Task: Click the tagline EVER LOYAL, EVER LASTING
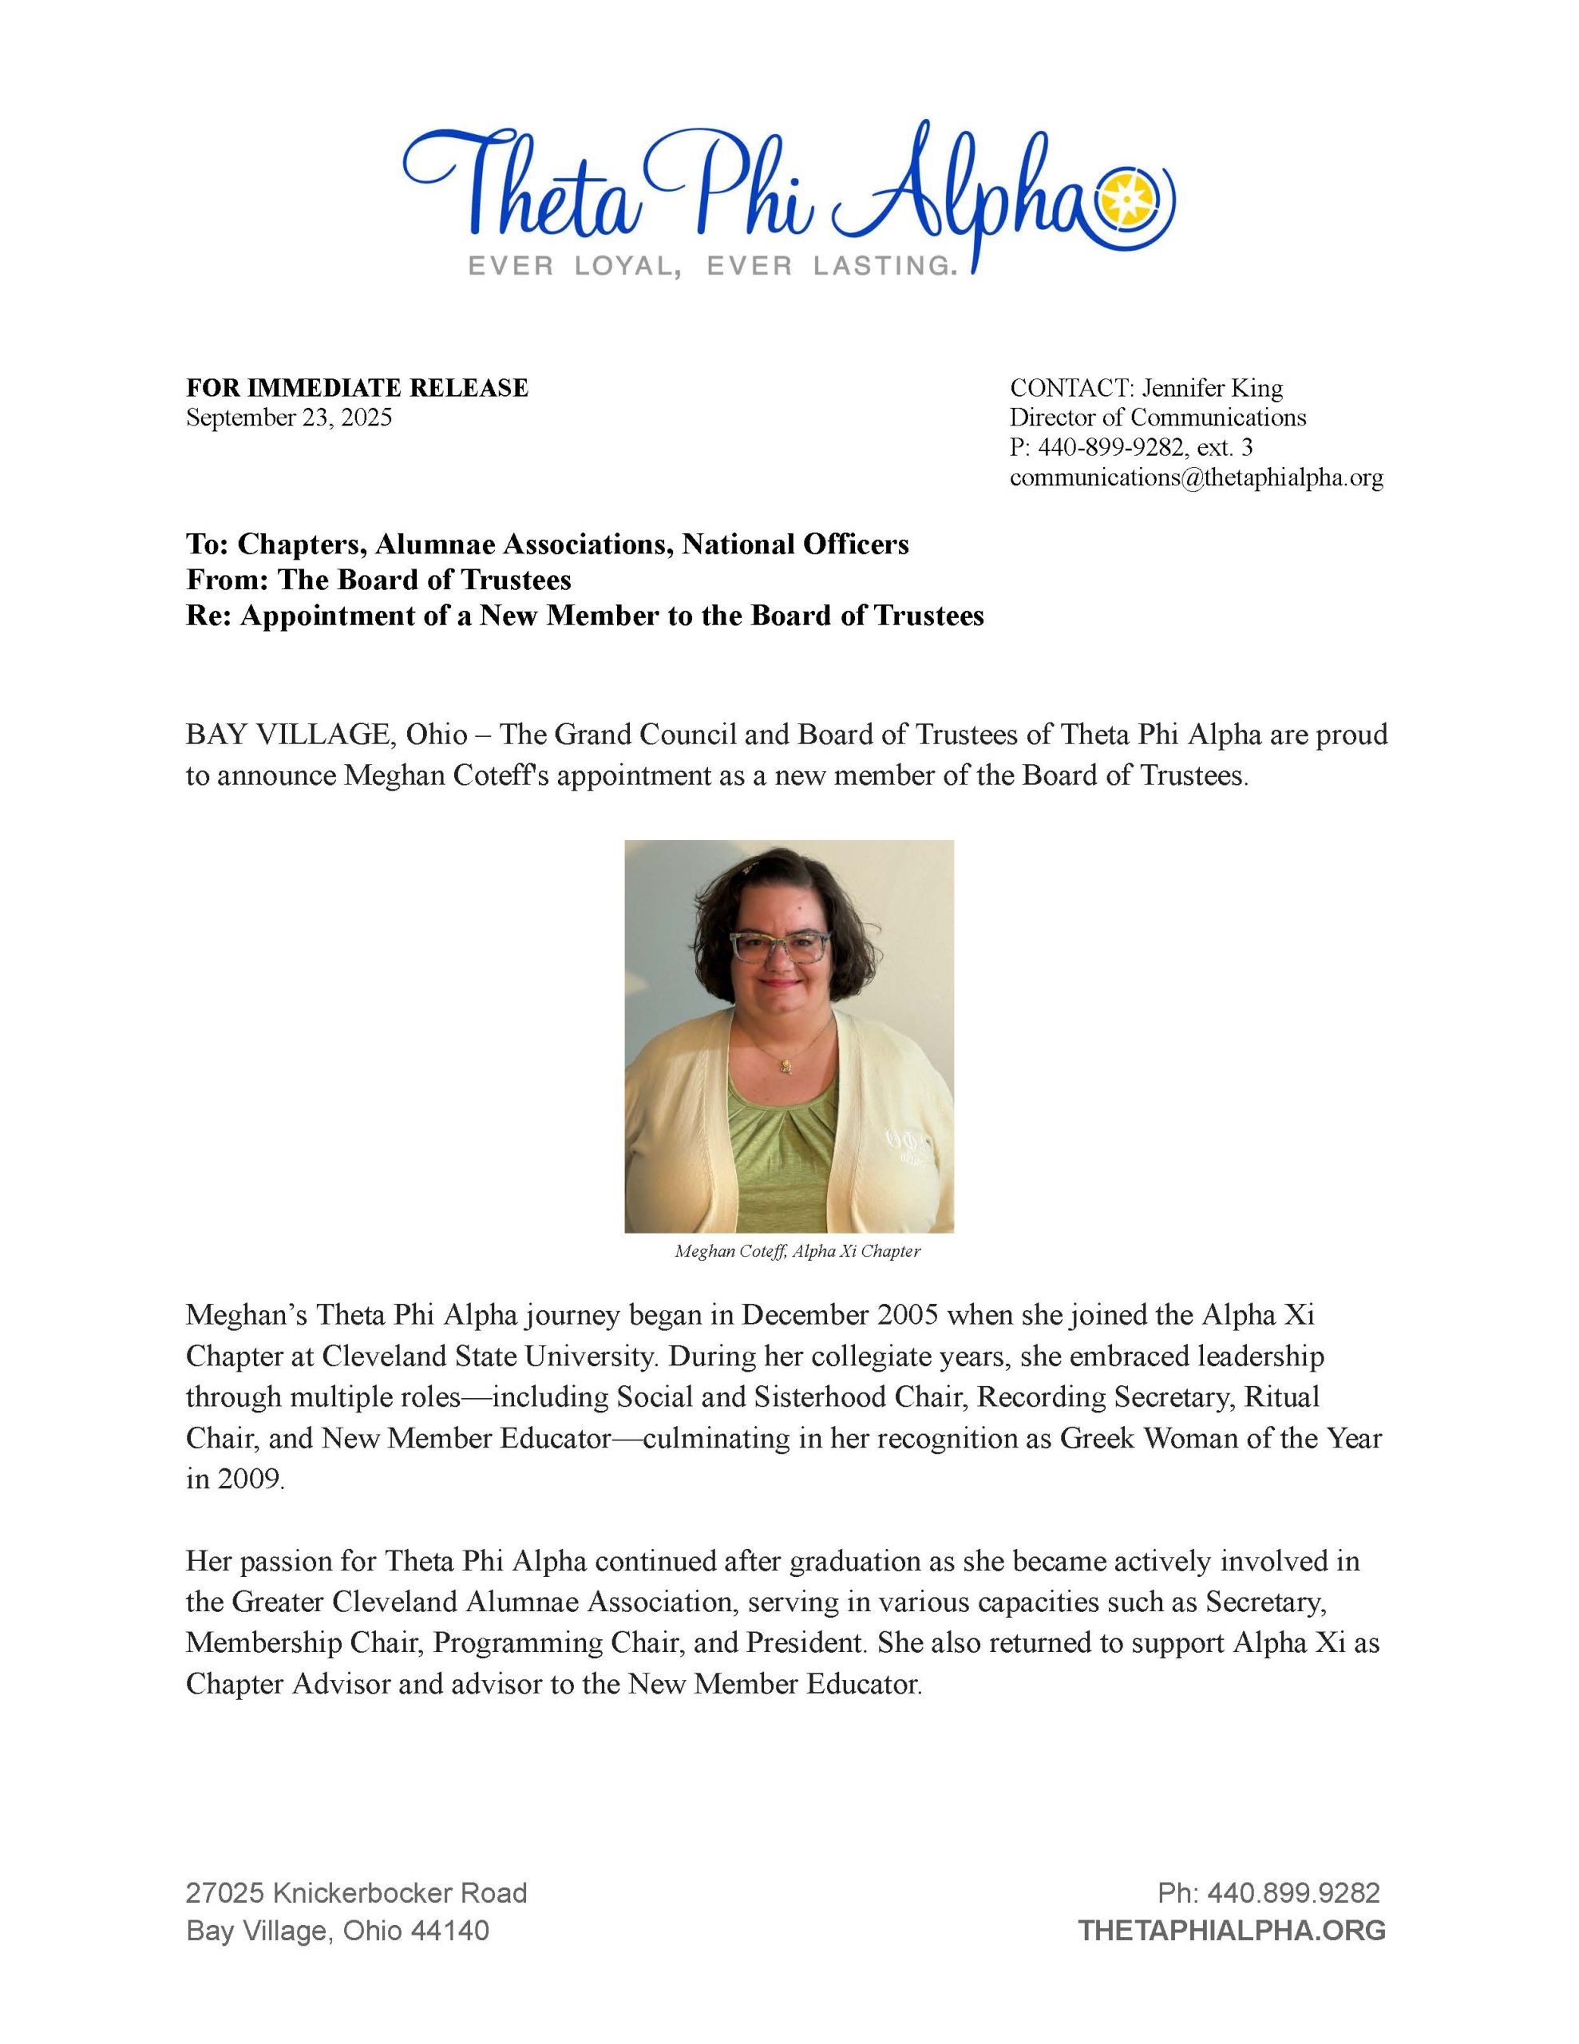(713, 267)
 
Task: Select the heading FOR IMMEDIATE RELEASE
(357, 387)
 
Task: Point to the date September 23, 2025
(288, 418)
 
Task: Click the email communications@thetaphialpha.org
(1195, 478)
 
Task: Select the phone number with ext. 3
(1130, 447)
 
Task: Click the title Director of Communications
(1157, 418)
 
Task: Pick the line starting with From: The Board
(378, 580)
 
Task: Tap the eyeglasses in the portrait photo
(780, 948)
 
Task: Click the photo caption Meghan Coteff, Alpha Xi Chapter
(797, 1251)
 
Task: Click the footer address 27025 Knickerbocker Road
(357, 1893)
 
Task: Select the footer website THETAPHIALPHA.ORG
(1231, 1931)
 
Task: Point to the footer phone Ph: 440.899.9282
(1268, 1893)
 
